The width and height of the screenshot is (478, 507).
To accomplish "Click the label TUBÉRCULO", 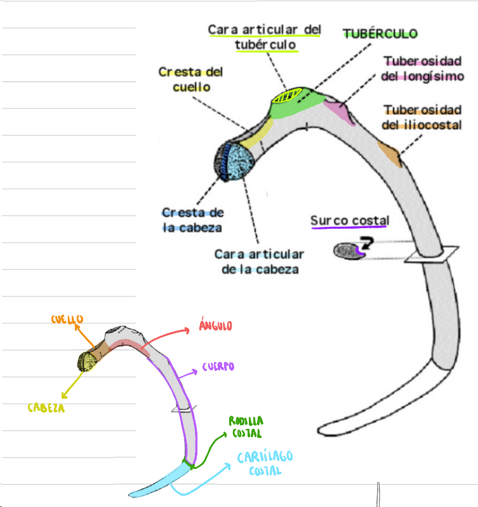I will (x=380, y=33).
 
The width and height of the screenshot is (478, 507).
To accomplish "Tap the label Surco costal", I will (x=349, y=221).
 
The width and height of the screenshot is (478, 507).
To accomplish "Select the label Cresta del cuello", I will (x=190, y=79).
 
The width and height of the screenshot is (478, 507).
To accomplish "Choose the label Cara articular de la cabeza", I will (x=258, y=261).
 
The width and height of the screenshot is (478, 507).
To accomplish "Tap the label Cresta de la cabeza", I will (x=192, y=220).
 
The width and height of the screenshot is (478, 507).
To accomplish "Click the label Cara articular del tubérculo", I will (x=265, y=37).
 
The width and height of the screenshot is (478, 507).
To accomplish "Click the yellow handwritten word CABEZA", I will (x=46, y=408).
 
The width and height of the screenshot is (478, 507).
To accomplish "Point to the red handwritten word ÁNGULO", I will (x=215, y=326).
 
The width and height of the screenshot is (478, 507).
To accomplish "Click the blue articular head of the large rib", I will (x=240, y=163).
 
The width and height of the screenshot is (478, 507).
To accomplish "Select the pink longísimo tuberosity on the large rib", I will (x=337, y=111).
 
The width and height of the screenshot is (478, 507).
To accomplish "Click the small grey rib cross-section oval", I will (x=347, y=252).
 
